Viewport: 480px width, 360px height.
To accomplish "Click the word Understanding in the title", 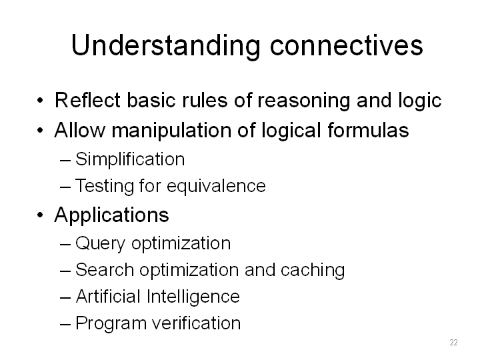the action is [x=165, y=47].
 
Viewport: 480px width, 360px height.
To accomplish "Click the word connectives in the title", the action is [x=346, y=45].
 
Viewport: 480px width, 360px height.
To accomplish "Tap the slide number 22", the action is [x=454, y=342].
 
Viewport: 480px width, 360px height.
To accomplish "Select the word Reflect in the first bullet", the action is [x=87, y=100].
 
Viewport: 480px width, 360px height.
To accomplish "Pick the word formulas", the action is [x=368, y=129].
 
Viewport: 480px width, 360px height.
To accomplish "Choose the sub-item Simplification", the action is [x=130, y=159].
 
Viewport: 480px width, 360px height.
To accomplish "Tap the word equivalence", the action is [x=216, y=187].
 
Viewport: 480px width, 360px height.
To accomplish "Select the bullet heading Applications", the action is [x=111, y=215].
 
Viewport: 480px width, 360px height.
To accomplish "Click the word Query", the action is [x=100, y=244].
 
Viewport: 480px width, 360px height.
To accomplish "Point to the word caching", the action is [x=313, y=270].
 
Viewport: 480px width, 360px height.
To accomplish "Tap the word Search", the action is [x=105, y=270].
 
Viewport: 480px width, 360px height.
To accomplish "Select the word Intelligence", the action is [x=193, y=297].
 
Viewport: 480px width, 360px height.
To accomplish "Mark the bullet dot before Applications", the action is [x=40, y=215].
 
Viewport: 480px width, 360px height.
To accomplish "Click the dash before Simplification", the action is [x=65, y=160].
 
